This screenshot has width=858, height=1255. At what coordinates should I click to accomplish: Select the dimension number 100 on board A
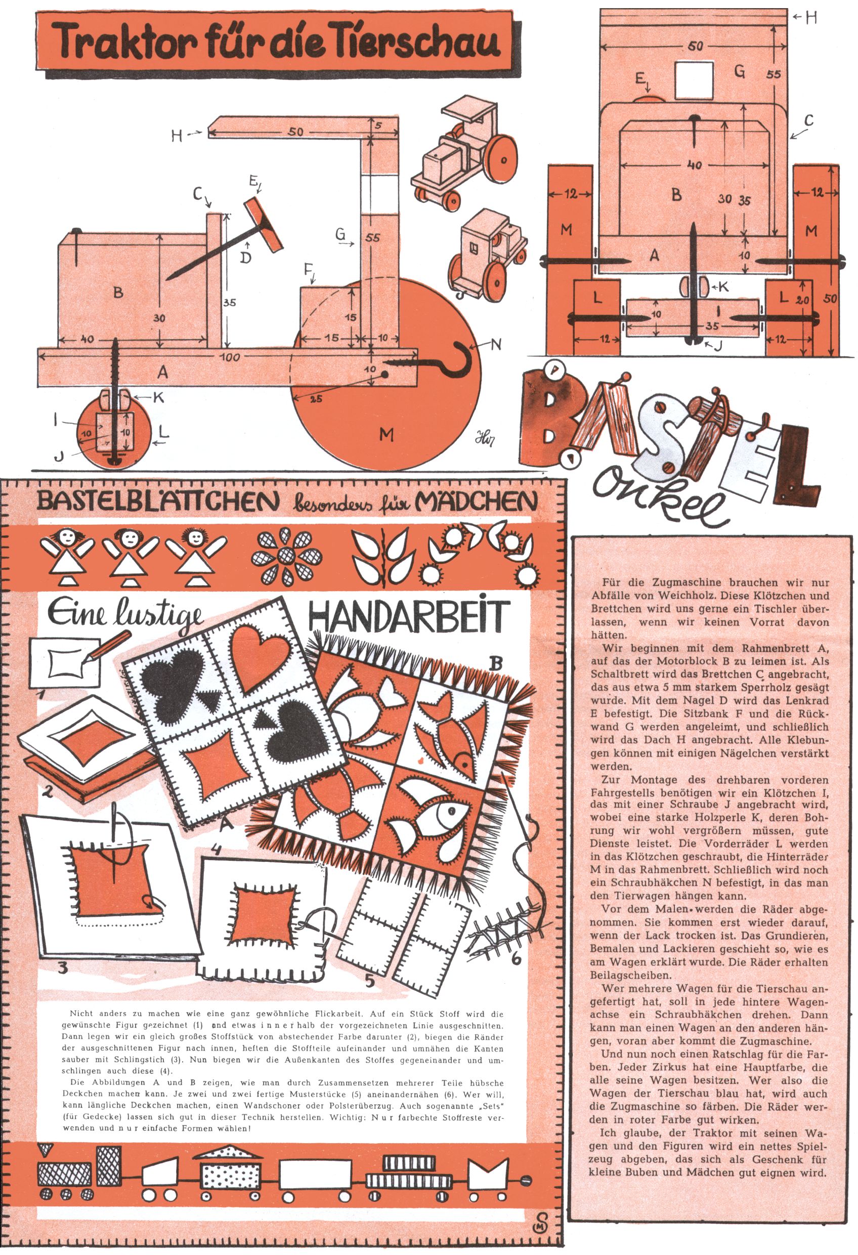pos(230,357)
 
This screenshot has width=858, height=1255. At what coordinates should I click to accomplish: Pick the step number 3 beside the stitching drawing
pos(63,968)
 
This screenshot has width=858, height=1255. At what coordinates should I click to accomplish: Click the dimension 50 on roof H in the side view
pos(295,132)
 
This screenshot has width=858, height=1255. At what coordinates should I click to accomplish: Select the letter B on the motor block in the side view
pos(118,292)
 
